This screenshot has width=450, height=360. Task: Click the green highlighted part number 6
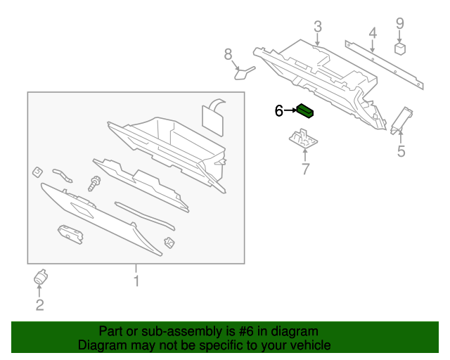pyautogui.click(x=304, y=110)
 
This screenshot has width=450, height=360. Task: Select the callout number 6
pyautogui.click(x=278, y=110)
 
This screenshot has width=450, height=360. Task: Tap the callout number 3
pyautogui.click(x=318, y=27)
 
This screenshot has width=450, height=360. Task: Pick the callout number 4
pyautogui.click(x=373, y=32)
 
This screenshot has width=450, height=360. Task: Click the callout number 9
pyautogui.click(x=399, y=23)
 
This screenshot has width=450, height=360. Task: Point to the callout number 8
pyautogui.click(x=228, y=54)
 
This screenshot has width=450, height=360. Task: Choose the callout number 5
pyautogui.click(x=401, y=151)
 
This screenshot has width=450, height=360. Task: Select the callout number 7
pyautogui.click(x=305, y=169)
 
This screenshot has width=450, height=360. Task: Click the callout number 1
pyautogui.click(x=136, y=281)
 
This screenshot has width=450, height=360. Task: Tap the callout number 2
pyautogui.click(x=39, y=304)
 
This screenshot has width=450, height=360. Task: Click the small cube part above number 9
pyautogui.click(x=400, y=49)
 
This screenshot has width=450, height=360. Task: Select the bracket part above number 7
pyautogui.click(x=302, y=137)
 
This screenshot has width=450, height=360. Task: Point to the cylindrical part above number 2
pyautogui.click(x=40, y=277)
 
